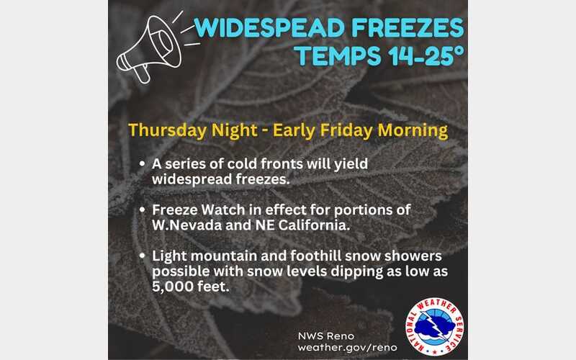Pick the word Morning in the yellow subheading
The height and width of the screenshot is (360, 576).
[418, 131]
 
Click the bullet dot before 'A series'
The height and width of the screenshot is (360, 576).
[142, 165]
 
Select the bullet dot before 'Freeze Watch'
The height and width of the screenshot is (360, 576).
[142, 210]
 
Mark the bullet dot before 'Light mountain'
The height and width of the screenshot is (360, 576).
[142, 257]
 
